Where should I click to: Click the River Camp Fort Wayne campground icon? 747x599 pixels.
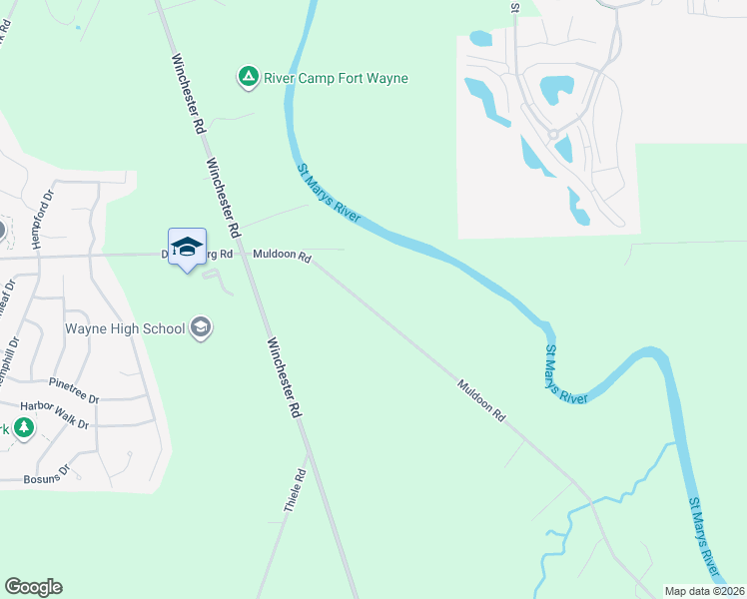pos(247,77)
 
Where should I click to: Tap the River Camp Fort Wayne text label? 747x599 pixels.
pos(336,78)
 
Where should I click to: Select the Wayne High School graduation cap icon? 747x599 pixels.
pos(201,327)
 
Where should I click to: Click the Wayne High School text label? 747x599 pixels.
pos(125,328)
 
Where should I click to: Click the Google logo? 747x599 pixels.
pos(33,587)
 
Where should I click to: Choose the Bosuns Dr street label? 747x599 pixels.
pos(50,470)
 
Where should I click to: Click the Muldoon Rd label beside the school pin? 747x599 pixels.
pos(282,256)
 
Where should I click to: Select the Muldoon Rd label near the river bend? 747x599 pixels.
pos(482,398)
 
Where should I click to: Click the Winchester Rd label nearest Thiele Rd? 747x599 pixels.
pos(283,376)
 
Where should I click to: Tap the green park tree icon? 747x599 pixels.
pos(22,429)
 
